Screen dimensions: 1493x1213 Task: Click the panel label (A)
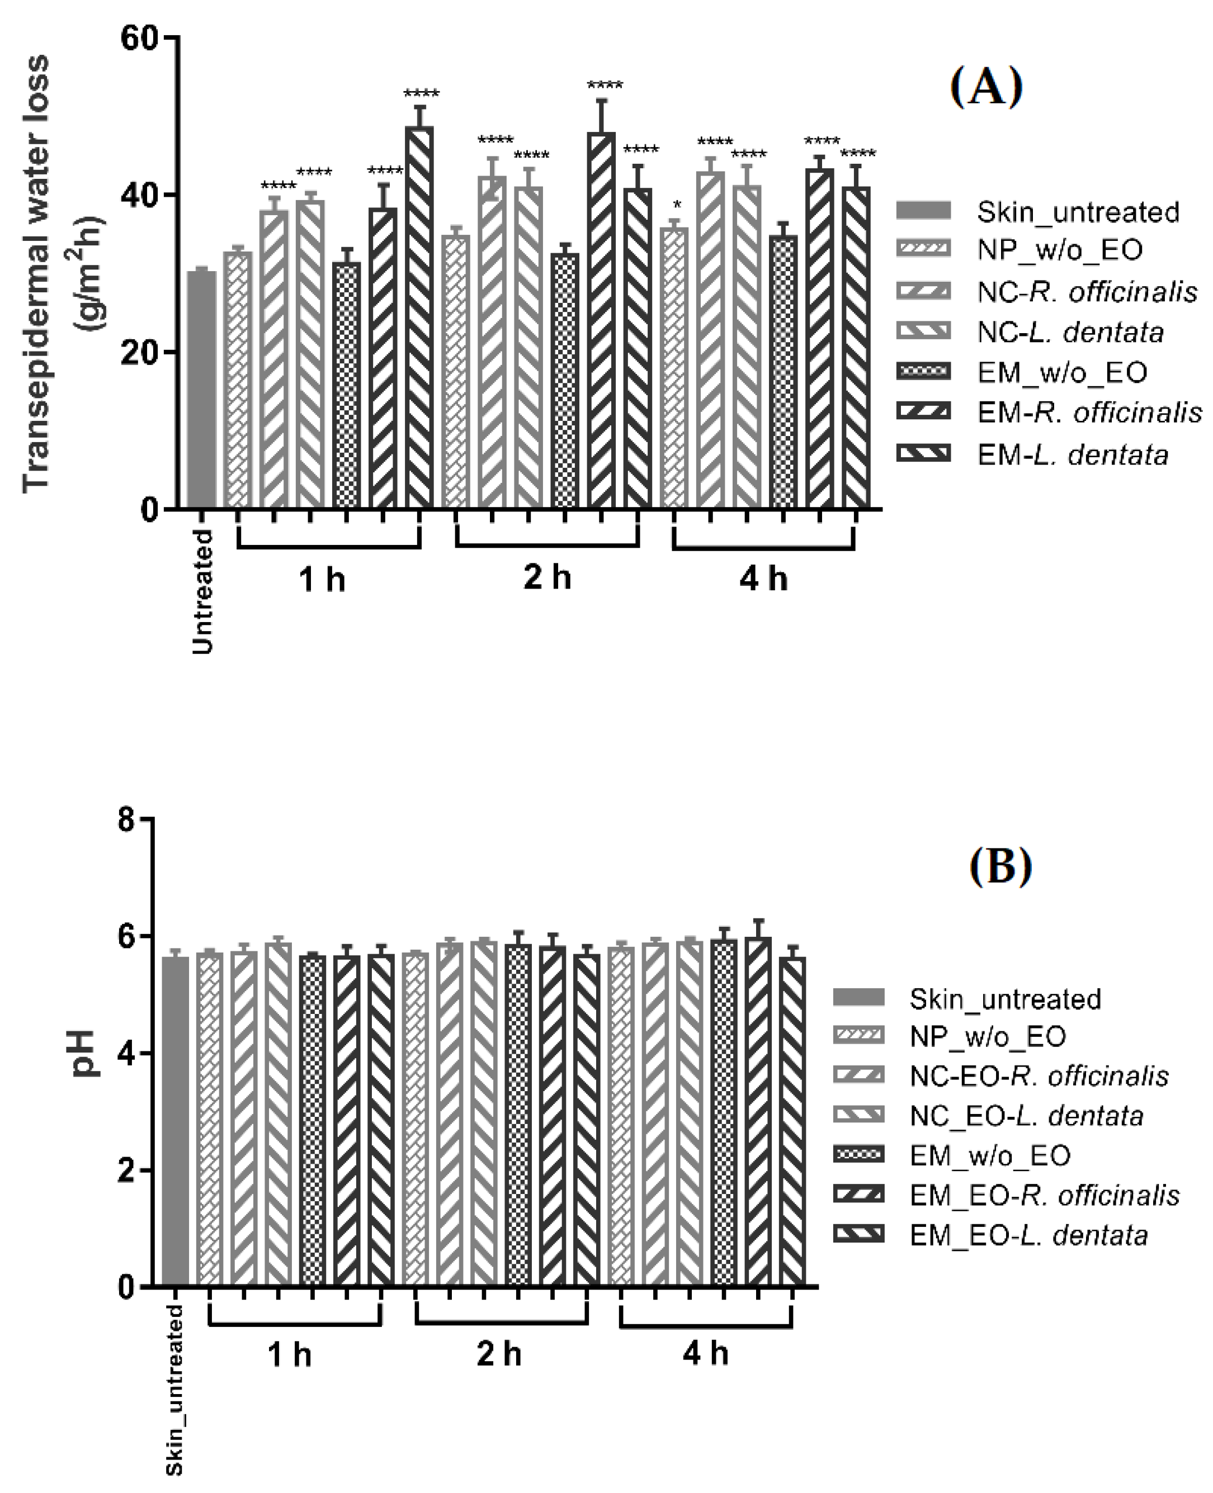[986, 88]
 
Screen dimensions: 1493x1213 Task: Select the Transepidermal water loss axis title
[36, 272]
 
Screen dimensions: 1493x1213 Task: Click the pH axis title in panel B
[87, 1054]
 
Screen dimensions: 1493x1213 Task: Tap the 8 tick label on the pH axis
[126, 819]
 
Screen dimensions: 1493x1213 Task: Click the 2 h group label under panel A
[547, 578]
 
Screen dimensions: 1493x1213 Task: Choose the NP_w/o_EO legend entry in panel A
[1059, 250]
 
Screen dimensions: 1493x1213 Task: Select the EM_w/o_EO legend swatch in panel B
[858, 1155]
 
